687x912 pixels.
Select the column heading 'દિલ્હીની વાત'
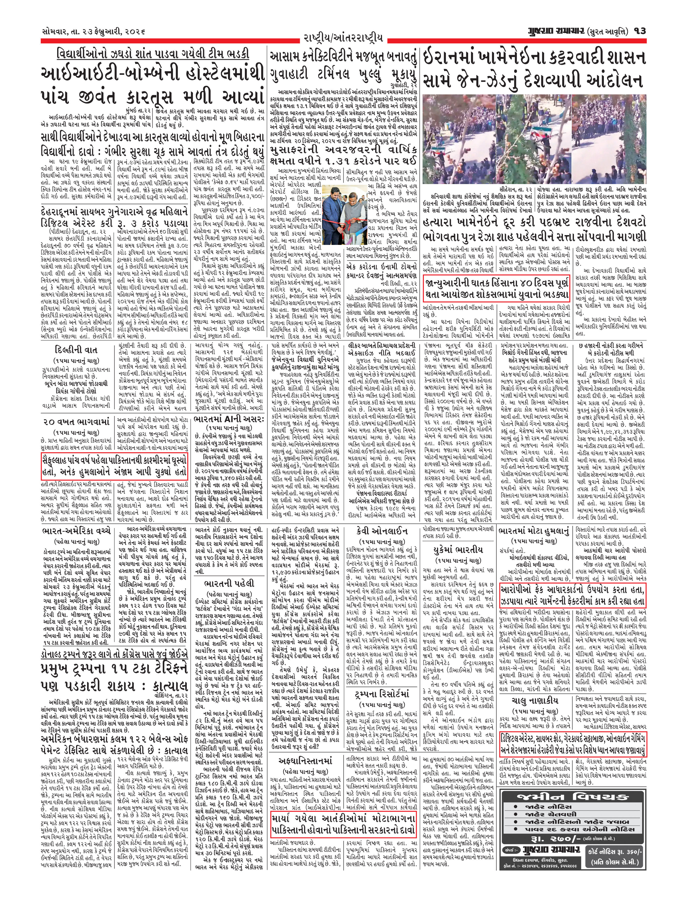76,350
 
